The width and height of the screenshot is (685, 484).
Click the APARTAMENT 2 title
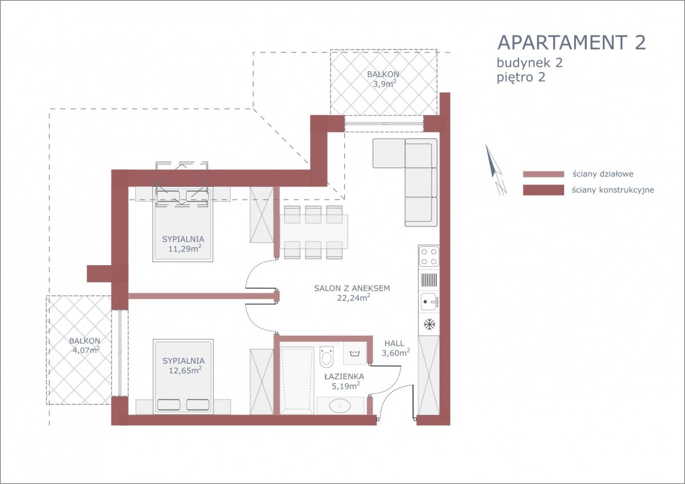571,42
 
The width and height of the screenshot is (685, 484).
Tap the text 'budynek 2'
530,63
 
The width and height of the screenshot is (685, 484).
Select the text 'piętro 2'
521,78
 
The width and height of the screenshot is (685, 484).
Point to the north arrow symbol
495,170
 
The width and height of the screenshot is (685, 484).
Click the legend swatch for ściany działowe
543,174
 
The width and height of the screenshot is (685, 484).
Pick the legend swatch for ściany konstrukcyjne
543,190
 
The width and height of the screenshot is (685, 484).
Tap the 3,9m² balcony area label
384,83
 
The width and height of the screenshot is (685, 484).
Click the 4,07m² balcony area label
86,350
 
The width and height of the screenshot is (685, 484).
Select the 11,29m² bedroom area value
184,248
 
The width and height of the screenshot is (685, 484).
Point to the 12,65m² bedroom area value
185,370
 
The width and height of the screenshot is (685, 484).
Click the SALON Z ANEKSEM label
352,288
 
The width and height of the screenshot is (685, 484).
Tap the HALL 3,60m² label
396,348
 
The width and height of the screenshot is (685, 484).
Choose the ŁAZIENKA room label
344,376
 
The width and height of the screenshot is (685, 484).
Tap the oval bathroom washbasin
340,405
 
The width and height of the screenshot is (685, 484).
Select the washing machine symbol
354,353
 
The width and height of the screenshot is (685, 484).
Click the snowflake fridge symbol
429,324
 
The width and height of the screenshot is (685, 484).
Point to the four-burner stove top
429,256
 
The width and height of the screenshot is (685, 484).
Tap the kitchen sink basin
429,302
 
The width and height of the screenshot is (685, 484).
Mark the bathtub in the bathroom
297,380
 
